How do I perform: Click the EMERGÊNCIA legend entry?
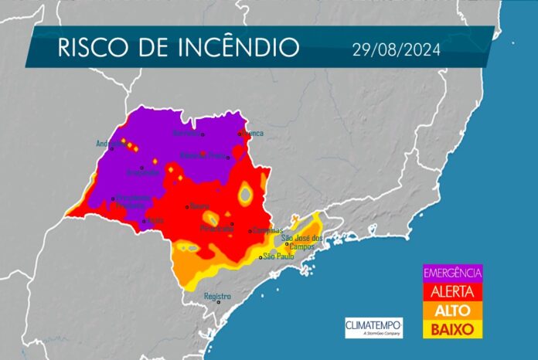(x=452, y=272)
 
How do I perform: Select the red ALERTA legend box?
(x=452, y=290)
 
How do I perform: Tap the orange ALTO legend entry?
(x=452, y=310)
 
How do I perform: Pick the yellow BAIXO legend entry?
(x=452, y=328)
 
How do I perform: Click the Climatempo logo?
(x=373, y=327)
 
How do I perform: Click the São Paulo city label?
(x=280, y=256)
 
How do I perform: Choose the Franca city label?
(x=254, y=134)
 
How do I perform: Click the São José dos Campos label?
(x=301, y=241)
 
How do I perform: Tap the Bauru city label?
(x=199, y=206)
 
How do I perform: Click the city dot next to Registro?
(x=219, y=303)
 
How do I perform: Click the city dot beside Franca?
(x=240, y=133)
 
